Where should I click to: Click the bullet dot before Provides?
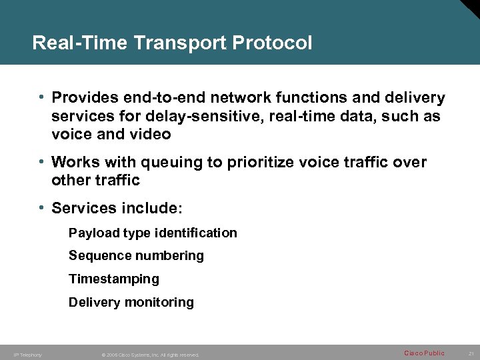click(42, 98)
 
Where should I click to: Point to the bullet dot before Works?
click(42, 162)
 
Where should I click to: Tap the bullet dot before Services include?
click(42, 208)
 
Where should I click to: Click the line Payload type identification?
click(153, 233)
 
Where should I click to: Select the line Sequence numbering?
click(136, 256)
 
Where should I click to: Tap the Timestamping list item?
click(114, 279)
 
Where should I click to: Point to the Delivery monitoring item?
click(131, 302)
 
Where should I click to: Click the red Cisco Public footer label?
click(424, 353)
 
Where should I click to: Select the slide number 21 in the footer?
click(470, 353)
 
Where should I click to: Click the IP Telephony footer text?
click(27, 355)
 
